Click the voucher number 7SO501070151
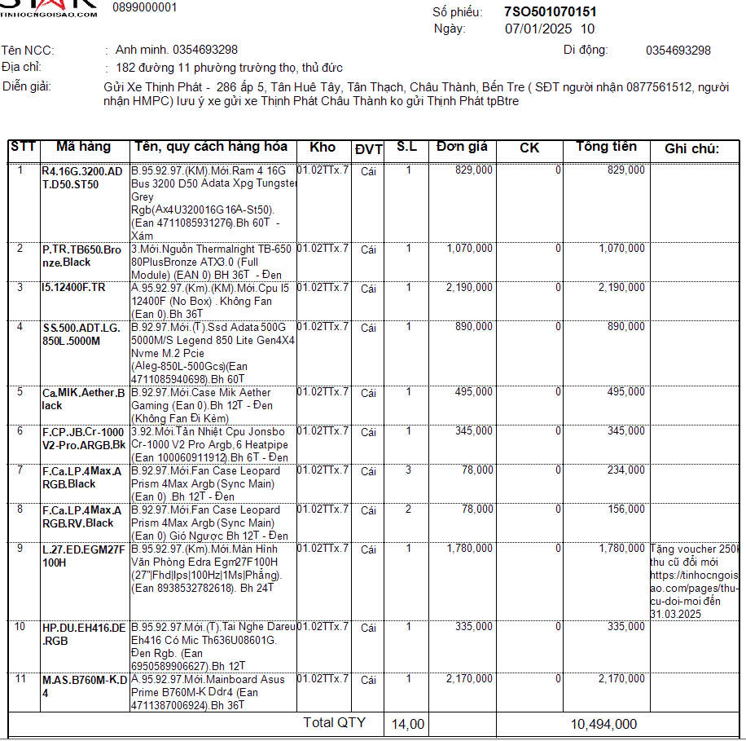[x=551, y=11]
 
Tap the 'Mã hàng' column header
[x=83, y=148]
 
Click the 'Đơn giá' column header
[x=462, y=148]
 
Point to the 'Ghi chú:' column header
[x=691, y=148]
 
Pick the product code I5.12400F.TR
[x=74, y=288]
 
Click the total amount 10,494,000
[x=603, y=724]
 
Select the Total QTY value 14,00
[x=408, y=724]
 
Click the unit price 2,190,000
[x=469, y=288]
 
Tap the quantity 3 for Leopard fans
[x=409, y=470]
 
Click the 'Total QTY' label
[x=334, y=723]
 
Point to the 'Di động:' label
[x=586, y=50]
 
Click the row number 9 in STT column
[x=21, y=549]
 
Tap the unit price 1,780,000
[x=469, y=549]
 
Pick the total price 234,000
[x=626, y=470]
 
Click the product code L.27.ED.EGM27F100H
[x=84, y=555]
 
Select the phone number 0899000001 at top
[x=144, y=7]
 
